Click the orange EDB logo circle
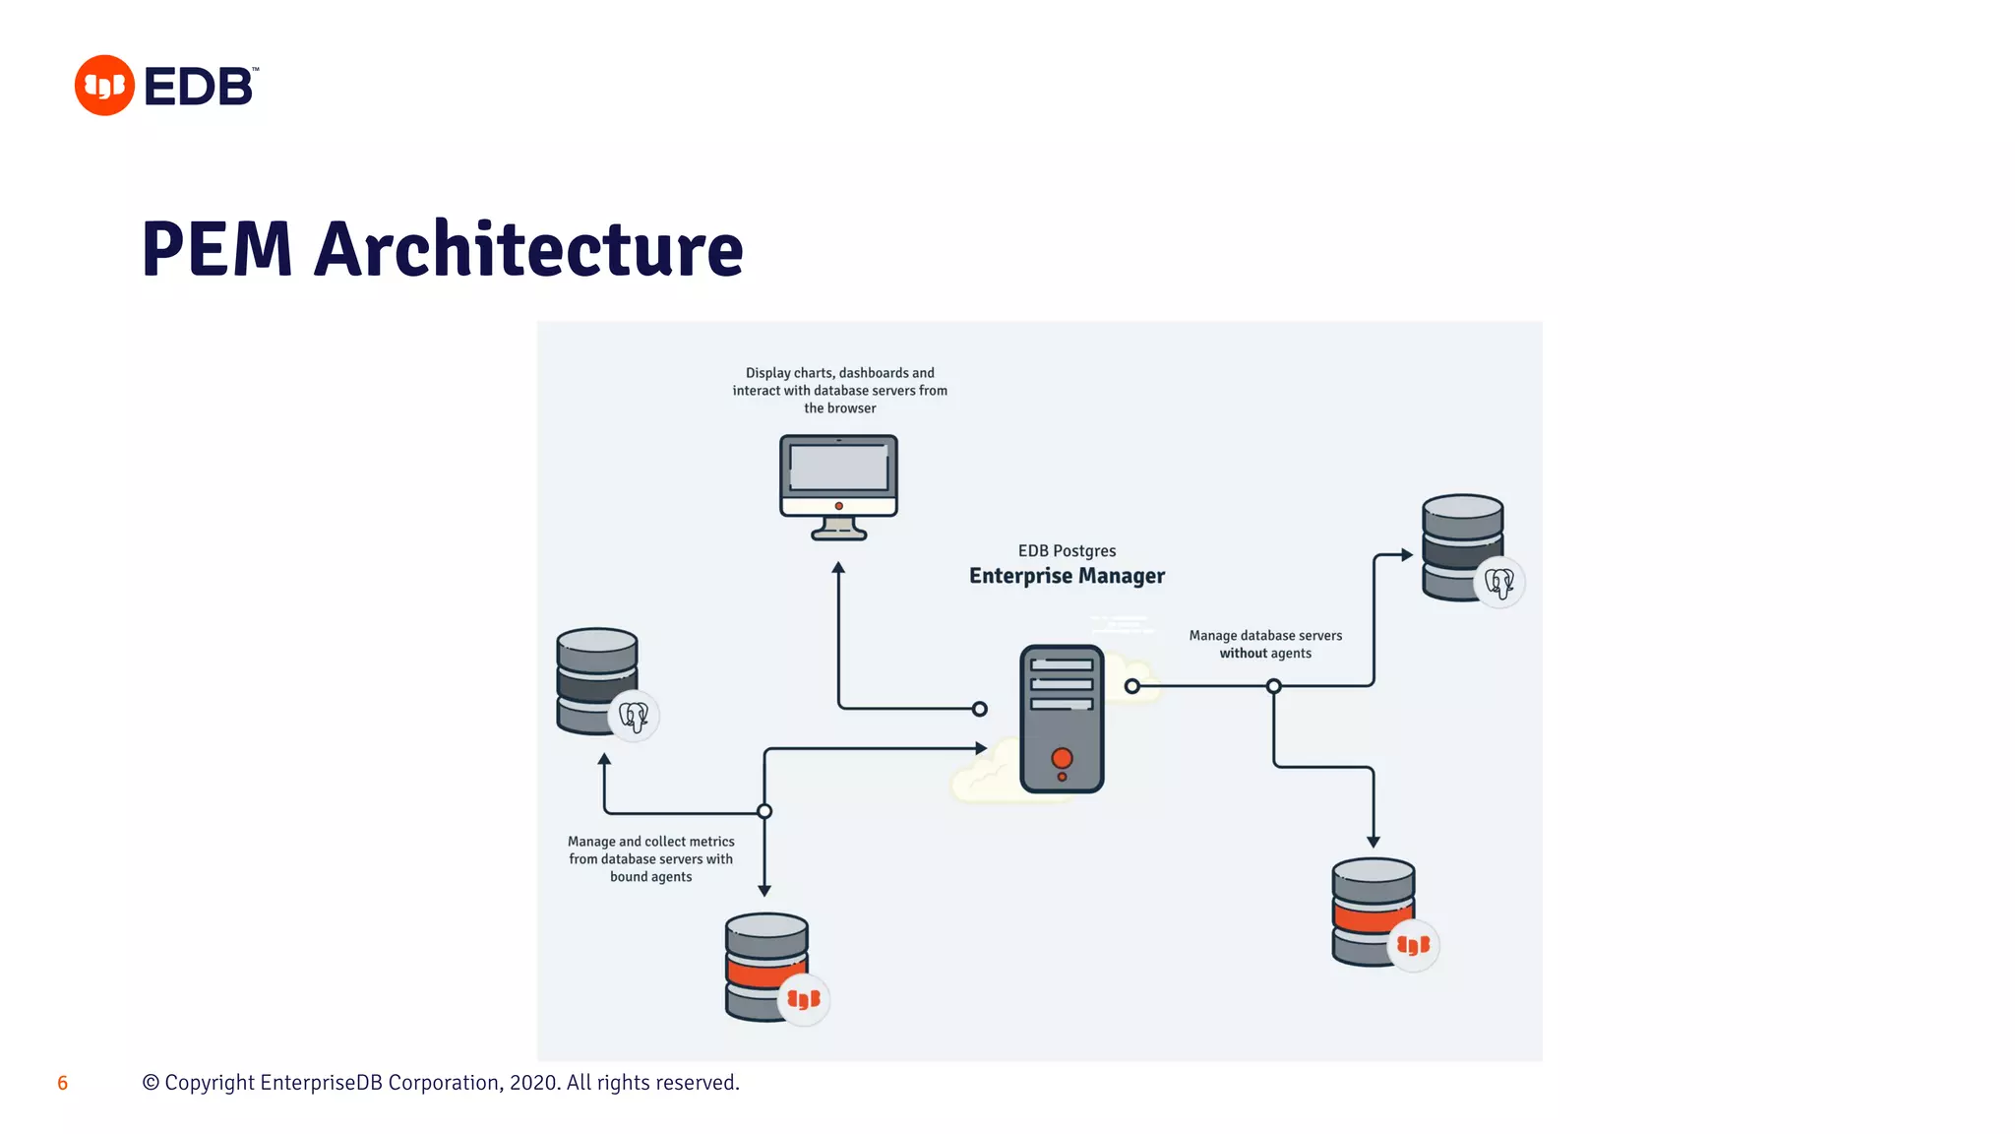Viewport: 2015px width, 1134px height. (x=104, y=86)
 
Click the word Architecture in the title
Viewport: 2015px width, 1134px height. (x=528, y=249)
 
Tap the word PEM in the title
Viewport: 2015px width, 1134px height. (x=217, y=249)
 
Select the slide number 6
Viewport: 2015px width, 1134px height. (x=62, y=1083)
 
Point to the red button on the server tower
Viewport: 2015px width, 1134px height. (x=1062, y=758)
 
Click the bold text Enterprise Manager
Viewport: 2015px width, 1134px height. (x=1067, y=576)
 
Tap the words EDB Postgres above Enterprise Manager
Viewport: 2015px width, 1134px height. (x=1067, y=551)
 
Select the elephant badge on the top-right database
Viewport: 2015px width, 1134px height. (x=1498, y=583)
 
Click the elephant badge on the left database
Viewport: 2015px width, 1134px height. (x=634, y=716)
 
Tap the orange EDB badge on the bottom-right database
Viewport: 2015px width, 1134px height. (x=1413, y=945)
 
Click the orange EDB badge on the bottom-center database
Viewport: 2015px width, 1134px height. (x=804, y=999)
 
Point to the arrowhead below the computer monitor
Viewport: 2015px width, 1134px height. (x=838, y=568)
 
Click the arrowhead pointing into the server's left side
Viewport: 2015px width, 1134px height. (x=981, y=748)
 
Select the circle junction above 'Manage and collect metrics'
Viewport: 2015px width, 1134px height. (x=764, y=811)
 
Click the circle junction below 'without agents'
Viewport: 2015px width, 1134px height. (x=1273, y=686)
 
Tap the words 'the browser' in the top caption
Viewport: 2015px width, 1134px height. (x=839, y=409)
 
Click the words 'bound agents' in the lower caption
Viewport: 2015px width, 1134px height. (x=650, y=877)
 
